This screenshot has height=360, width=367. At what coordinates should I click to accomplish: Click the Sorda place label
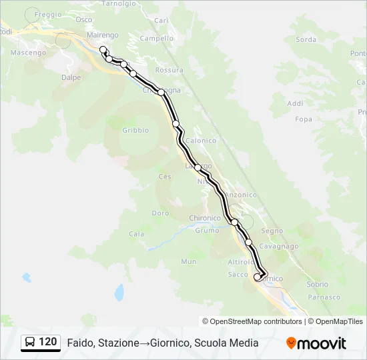pyautogui.click(x=306, y=39)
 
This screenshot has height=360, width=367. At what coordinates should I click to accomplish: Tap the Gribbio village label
pyautogui.click(x=135, y=131)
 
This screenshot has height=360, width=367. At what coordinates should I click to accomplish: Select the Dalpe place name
pyautogui.click(x=71, y=77)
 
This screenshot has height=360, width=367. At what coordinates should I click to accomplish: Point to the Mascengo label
pyautogui.click(x=28, y=52)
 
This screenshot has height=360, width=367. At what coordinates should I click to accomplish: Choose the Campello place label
pyautogui.click(x=157, y=39)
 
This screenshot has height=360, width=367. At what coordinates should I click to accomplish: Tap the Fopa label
pyautogui.click(x=304, y=119)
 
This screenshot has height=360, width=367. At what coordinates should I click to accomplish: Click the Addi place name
pyautogui.click(x=295, y=103)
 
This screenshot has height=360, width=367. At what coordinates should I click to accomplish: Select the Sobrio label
pyautogui.click(x=317, y=284)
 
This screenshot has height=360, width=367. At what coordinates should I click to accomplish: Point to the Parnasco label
pyautogui.click(x=324, y=297)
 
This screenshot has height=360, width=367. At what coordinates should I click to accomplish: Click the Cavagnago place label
pyautogui.click(x=279, y=246)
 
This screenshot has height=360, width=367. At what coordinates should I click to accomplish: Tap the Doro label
pyautogui.click(x=160, y=213)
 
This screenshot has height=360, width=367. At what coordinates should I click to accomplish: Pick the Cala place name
pyautogui.click(x=136, y=234)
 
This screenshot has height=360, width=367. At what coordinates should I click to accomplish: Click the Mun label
pyautogui.click(x=189, y=262)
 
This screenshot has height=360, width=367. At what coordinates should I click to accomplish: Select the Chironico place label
pyautogui.click(x=205, y=218)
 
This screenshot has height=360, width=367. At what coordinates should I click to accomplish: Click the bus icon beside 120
pyautogui.click(x=30, y=342)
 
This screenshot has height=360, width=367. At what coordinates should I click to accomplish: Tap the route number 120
pyautogui.click(x=47, y=342)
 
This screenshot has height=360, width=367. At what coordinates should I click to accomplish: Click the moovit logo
pyautogui.click(x=316, y=343)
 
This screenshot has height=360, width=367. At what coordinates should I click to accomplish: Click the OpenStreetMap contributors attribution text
pyautogui.click(x=256, y=321)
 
